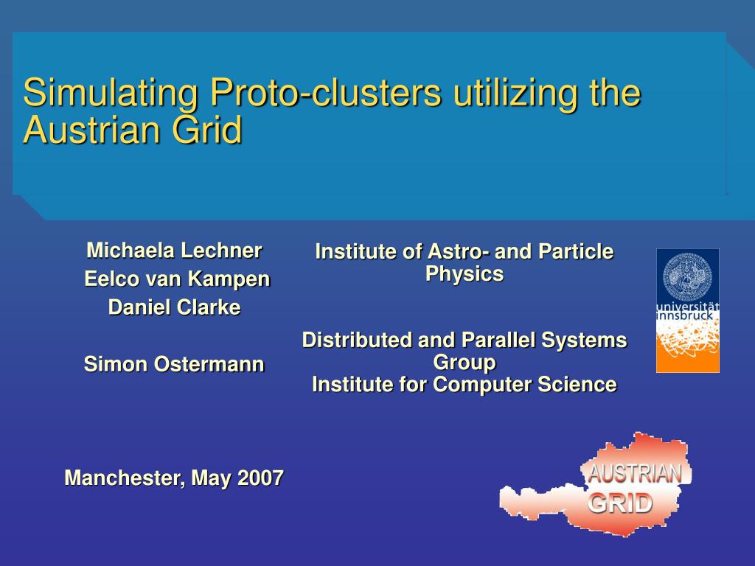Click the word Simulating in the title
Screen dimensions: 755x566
point(111,92)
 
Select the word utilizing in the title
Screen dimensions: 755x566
point(515,92)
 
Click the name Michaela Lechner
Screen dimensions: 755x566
point(174,251)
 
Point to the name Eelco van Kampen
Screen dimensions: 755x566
point(177,279)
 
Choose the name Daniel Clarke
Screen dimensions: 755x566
point(174,307)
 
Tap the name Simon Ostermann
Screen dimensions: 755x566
point(174,364)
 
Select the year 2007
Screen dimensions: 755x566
point(260,478)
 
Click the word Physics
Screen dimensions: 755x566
point(465,274)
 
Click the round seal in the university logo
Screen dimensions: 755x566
point(688,276)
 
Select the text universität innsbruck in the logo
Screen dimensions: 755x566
point(688,311)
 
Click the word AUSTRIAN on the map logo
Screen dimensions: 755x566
point(635,474)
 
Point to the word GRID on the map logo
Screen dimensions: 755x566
point(620,503)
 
